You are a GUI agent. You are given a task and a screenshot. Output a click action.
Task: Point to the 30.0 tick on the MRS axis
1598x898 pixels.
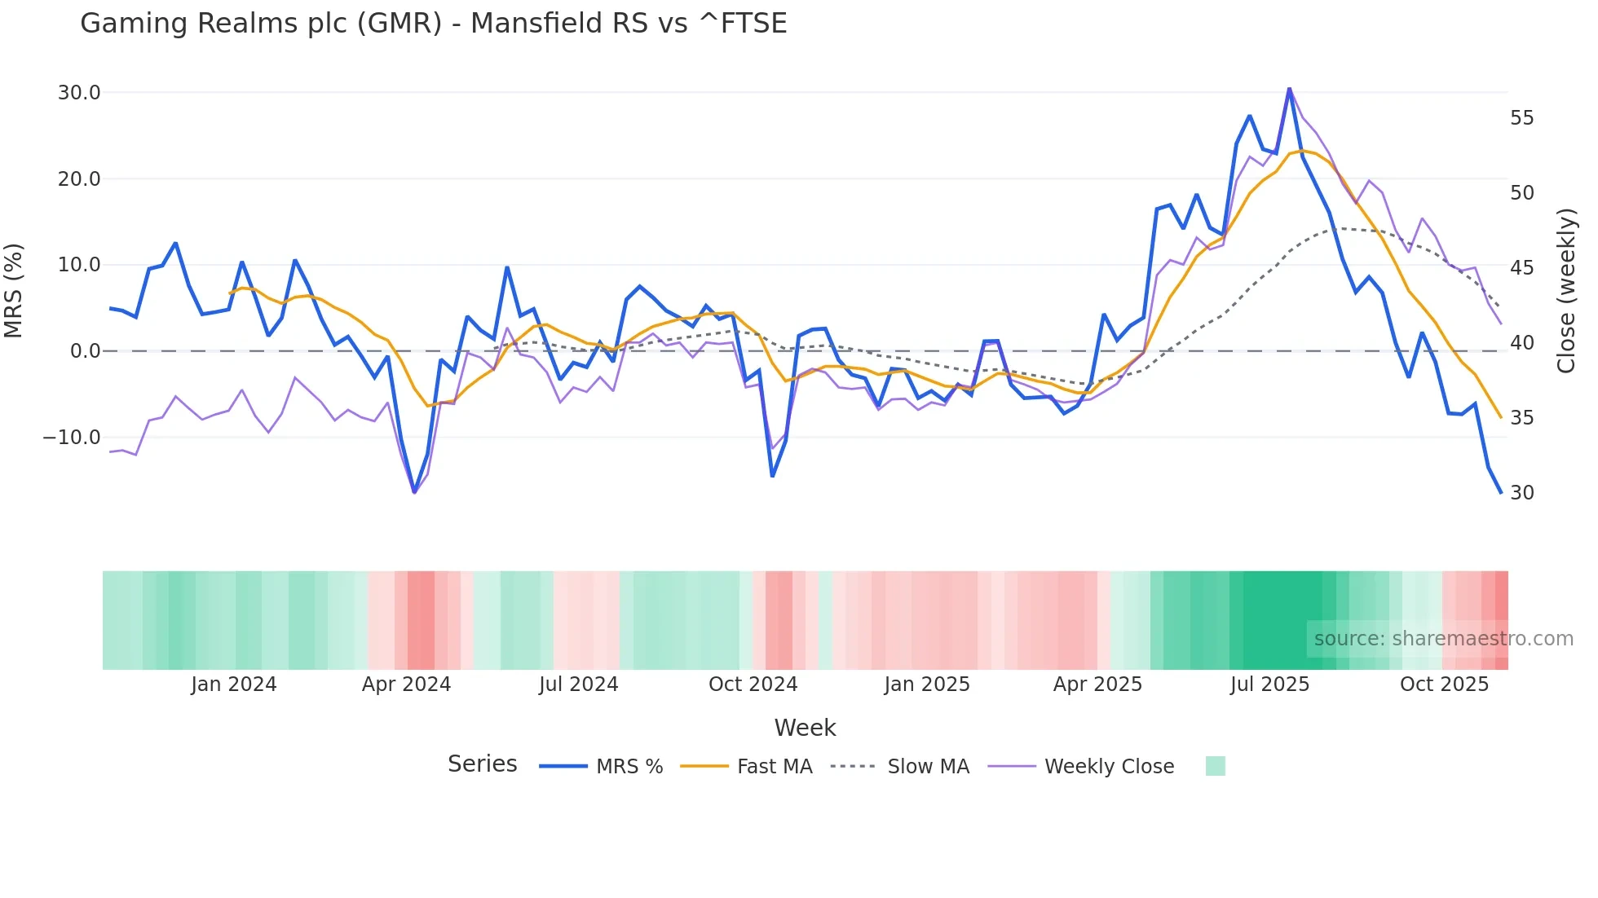click(79, 93)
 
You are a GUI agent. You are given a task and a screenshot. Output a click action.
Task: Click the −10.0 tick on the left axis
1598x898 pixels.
click(72, 438)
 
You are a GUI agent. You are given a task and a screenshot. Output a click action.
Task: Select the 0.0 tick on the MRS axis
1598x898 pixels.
click(85, 351)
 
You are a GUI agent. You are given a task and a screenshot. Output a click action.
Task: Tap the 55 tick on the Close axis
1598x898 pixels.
click(1521, 118)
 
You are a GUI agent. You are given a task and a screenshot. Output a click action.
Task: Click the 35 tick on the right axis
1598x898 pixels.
click(1521, 418)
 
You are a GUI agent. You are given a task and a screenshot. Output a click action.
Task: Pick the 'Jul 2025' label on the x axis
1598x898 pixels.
click(1269, 685)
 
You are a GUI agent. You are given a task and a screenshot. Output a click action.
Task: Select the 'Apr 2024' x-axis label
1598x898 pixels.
click(406, 685)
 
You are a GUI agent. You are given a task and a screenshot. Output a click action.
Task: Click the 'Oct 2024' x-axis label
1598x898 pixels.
click(753, 685)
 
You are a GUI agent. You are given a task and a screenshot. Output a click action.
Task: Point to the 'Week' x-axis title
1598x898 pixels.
click(805, 728)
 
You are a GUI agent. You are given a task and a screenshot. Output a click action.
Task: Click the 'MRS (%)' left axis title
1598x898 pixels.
click(14, 290)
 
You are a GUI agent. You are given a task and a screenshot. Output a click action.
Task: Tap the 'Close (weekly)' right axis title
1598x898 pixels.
click(1566, 290)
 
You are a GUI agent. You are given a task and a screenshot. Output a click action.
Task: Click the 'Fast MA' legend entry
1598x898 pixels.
click(774, 767)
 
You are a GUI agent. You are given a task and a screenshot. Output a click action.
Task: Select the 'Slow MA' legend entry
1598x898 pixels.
click(928, 767)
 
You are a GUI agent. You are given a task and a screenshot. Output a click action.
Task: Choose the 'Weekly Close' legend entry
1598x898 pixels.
click(1109, 767)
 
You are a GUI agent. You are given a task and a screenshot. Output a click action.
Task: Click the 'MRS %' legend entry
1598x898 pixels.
click(629, 767)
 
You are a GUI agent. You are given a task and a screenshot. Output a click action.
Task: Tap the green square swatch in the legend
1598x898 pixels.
click(1215, 766)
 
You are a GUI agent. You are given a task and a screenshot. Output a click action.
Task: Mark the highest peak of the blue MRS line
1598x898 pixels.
click(1289, 88)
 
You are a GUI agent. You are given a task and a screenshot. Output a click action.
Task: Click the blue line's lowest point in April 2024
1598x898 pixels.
click(414, 492)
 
